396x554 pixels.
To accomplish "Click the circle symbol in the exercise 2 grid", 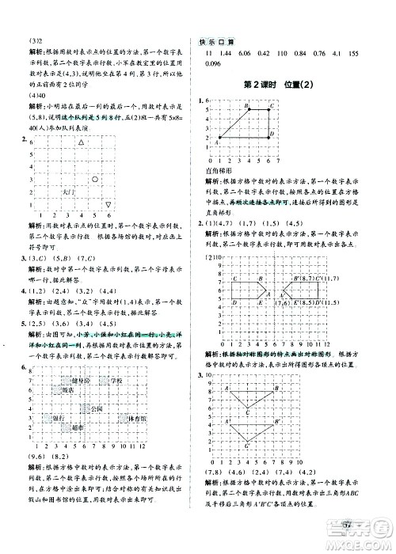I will click(x=94, y=180).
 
